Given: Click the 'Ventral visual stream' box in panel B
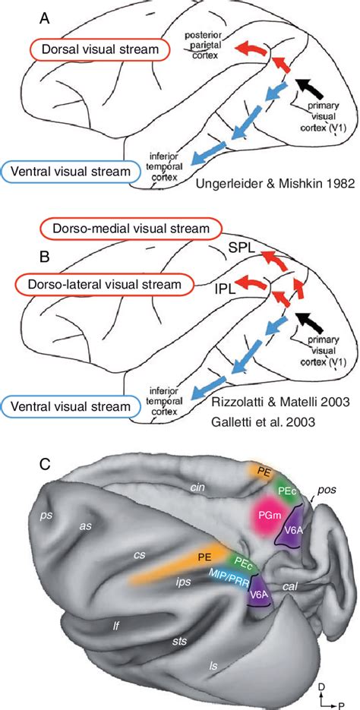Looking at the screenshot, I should (x=74, y=407).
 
